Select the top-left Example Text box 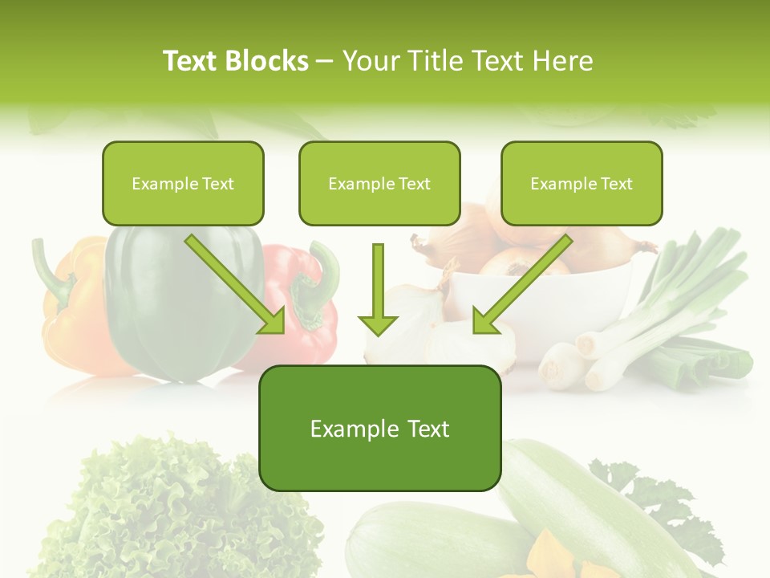(x=183, y=183)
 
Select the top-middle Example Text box (x=379, y=183)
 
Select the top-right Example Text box (x=582, y=183)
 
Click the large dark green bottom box (x=379, y=428)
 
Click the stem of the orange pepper (x=48, y=269)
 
